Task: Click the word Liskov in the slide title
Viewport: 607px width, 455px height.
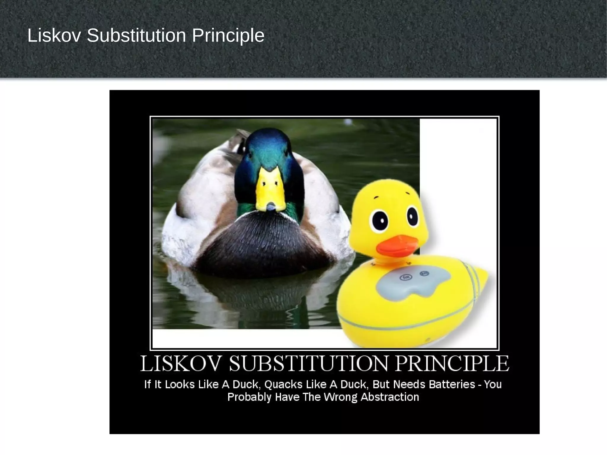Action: (x=54, y=36)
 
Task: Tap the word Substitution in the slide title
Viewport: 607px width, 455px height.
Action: (x=136, y=36)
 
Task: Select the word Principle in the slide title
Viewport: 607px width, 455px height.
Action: (x=228, y=36)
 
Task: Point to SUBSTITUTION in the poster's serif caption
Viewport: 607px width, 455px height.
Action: (x=309, y=364)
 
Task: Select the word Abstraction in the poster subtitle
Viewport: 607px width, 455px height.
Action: (x=390, y=397)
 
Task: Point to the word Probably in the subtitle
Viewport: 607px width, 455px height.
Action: (x=249, y=397)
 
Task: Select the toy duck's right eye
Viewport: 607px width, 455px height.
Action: (x=412, y=216)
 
